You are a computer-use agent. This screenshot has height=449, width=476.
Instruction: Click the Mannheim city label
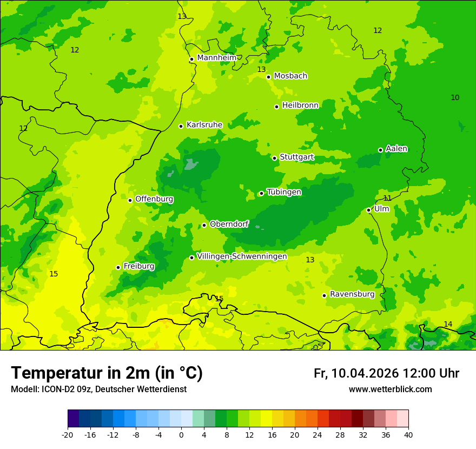[x=216, y=58]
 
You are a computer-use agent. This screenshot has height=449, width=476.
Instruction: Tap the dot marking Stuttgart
[x=275, y=158]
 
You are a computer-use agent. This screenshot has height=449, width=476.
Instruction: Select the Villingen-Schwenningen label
[x=242, y=256]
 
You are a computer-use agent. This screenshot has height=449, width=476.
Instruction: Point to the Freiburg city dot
[x=118, y=267]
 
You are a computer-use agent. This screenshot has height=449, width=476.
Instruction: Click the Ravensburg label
[x=352, y=294]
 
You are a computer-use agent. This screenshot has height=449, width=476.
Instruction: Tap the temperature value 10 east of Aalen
[x=455, y=97]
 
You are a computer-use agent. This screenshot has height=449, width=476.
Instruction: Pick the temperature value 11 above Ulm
[x=387, y=199]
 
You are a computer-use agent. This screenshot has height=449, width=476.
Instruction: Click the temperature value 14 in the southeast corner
[x=448, y=324]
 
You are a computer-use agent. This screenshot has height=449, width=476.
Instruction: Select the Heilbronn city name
[x=300, y=105]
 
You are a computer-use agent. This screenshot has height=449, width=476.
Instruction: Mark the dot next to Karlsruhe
[x=181, y=126]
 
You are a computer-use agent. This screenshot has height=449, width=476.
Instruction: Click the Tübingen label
[x=284, y=192]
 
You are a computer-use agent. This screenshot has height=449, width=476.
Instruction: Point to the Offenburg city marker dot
[x=130, y=200]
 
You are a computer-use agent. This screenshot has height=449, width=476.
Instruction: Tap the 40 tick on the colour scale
[x=408, y=434]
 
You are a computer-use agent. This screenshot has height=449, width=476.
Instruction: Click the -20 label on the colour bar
[x=68, y=434]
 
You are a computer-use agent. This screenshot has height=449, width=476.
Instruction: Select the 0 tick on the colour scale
[x=181, y=434]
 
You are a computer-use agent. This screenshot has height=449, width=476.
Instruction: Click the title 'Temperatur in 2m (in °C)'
[x=107, y=373]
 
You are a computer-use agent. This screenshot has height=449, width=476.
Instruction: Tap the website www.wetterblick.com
[x=390, y=389]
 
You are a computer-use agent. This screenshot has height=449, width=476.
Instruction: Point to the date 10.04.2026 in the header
[x=365, y=373]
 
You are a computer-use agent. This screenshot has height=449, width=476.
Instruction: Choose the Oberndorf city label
[x=229, y=224]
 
